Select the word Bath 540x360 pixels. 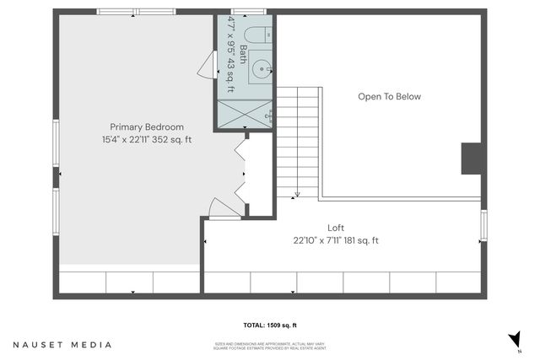(x=244, y=55)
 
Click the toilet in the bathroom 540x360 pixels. (x=261, y=36)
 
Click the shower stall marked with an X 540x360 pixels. (x=245, y=113)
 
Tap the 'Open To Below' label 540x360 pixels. (x=389, y=97)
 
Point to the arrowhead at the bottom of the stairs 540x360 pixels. (x=297, y=193)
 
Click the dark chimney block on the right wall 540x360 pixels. (x=472, y=158)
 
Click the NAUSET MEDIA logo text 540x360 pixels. (x=62, y=344)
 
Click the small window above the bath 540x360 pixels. (x=245, y=12)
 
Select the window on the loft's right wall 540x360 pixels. (x=483, y=225)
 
